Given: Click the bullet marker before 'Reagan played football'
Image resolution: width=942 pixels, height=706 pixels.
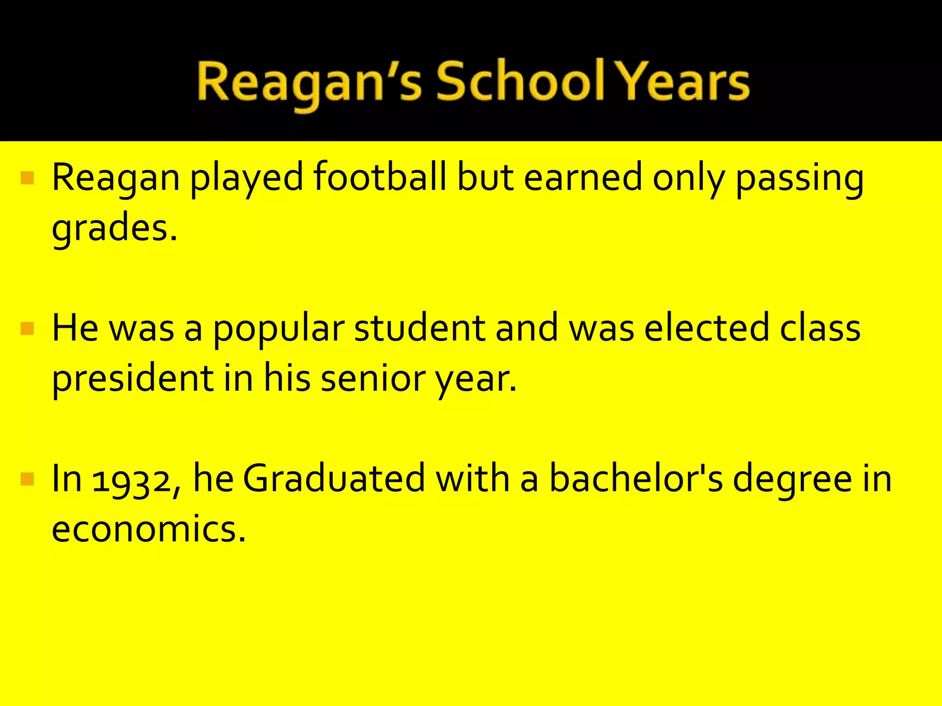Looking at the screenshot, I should (x=28, y=178).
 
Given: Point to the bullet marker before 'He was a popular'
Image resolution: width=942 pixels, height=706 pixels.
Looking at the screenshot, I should (x=28, y=329).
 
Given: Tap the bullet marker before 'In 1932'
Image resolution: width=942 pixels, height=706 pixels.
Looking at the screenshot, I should (x=28, y=479).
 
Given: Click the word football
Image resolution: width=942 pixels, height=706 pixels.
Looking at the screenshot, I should (x=380, y=177).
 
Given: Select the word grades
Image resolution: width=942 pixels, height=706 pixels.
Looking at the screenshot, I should (x=114, y=229).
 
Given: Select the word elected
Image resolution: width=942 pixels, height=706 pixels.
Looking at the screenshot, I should (x=706, y=328).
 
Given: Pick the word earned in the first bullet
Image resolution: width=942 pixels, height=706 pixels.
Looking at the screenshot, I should (x=582, y=177).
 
